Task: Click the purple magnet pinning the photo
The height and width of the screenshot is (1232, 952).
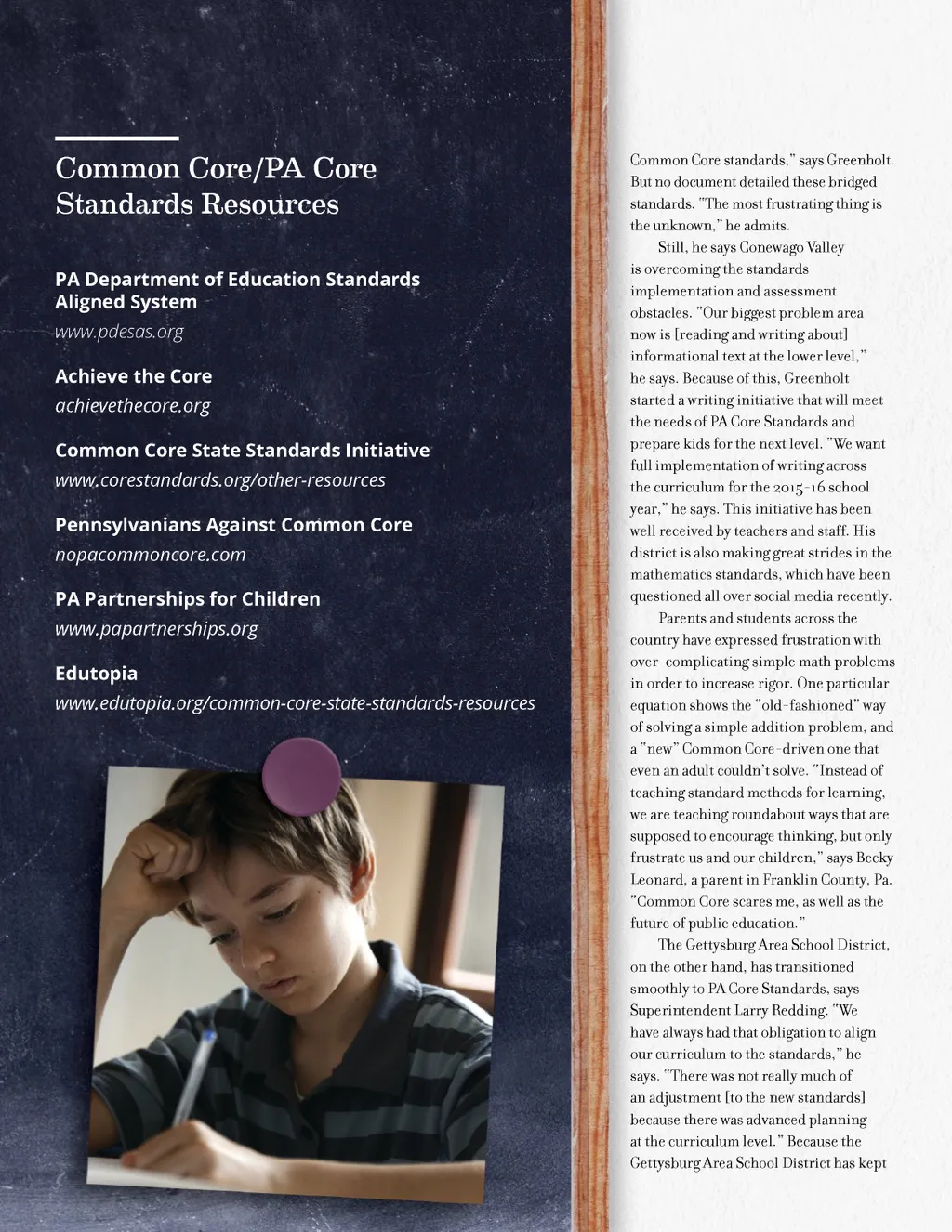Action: (x=301, y=778)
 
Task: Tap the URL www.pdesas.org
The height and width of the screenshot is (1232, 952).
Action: (x=119, y=332)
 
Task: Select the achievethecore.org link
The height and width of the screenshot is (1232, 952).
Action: (x=133, y=406)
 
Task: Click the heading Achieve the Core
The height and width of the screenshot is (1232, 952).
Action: (x=133, y=376)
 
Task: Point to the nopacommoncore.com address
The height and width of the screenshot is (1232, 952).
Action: (x=151, y=555)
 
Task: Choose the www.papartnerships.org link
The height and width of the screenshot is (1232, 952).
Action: (x=156, y=629)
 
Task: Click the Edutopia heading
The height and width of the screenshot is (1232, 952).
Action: (x=96, y=674)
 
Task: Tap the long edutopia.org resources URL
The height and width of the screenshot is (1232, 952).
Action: (x=295, y=703)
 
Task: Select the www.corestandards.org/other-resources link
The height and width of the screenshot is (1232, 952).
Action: (x=220, y=480)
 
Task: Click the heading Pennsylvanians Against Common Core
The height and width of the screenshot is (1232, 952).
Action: (x=233, y=525)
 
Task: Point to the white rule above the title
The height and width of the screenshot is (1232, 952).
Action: (x=116, y=138)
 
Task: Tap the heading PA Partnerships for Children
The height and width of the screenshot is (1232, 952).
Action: (x=188, y=599)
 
